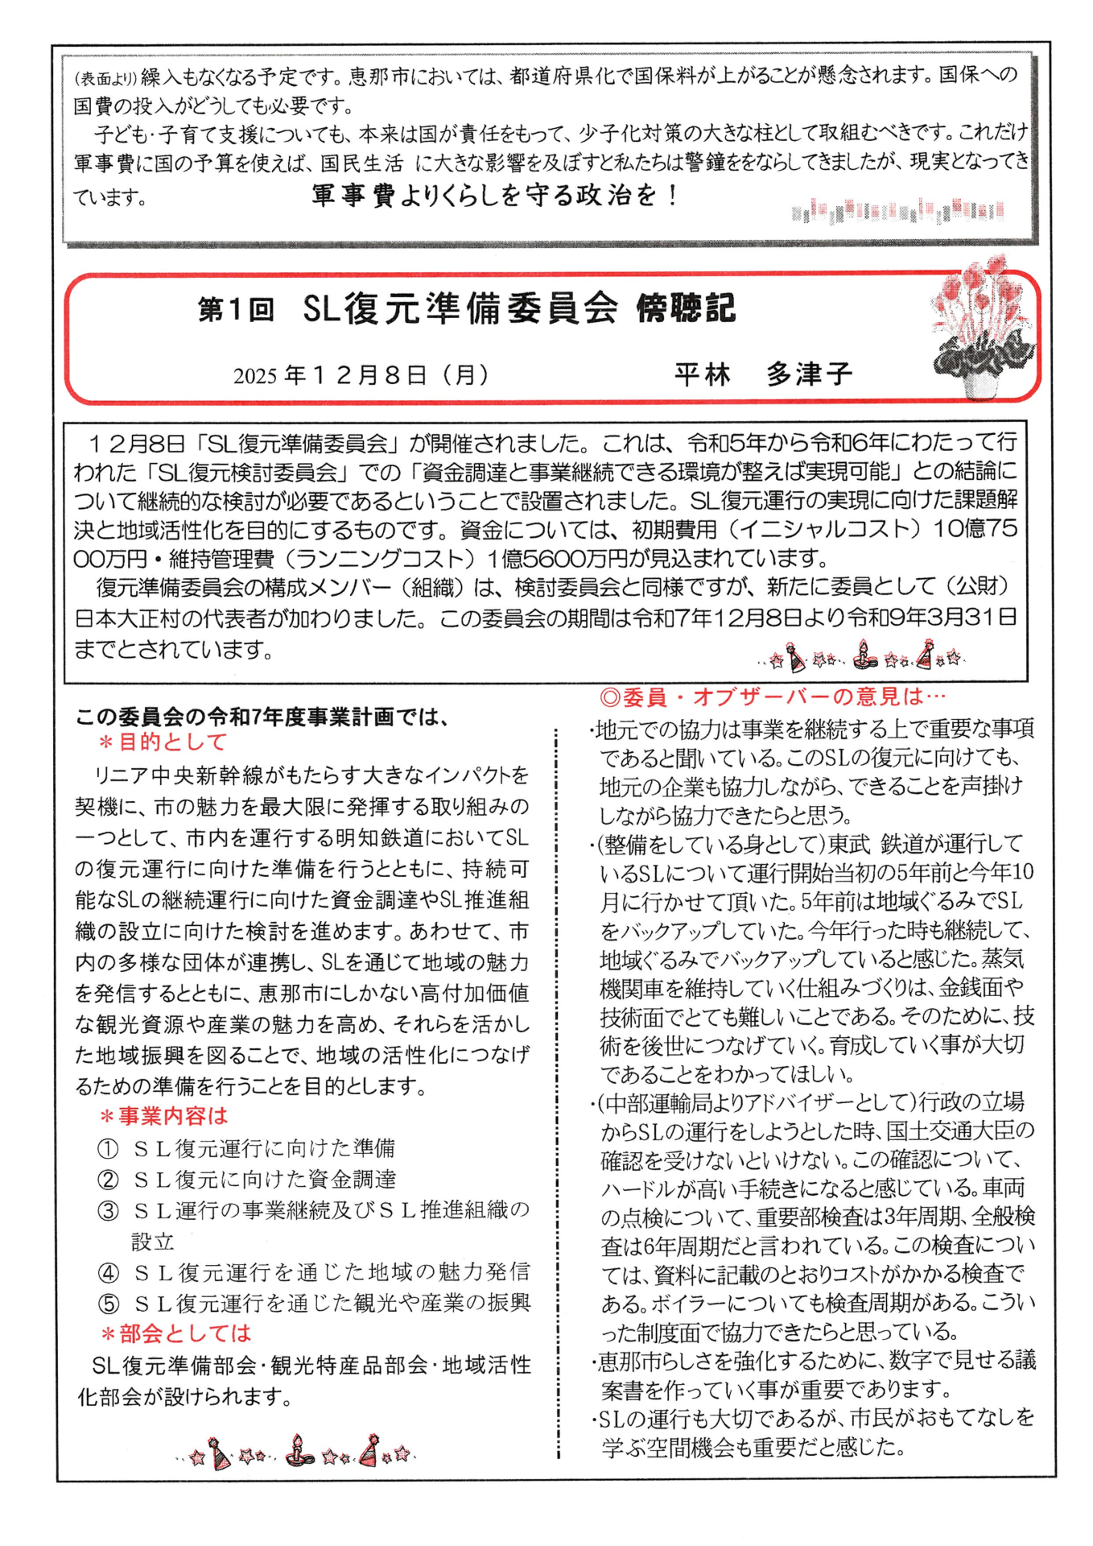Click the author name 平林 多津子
(762, 374)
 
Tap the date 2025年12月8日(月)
(361, 375)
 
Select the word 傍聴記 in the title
(686, 308)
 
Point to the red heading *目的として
(162, 742)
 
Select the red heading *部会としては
(175, 1333)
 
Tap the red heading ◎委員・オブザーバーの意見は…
(773, 697)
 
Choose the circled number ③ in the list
(108, 1211)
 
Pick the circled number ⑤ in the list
(108, 1304)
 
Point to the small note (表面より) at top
(105, 79)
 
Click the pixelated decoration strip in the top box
(897, 211)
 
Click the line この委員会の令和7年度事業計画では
(262, 716)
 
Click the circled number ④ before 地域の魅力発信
(108, 1273)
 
